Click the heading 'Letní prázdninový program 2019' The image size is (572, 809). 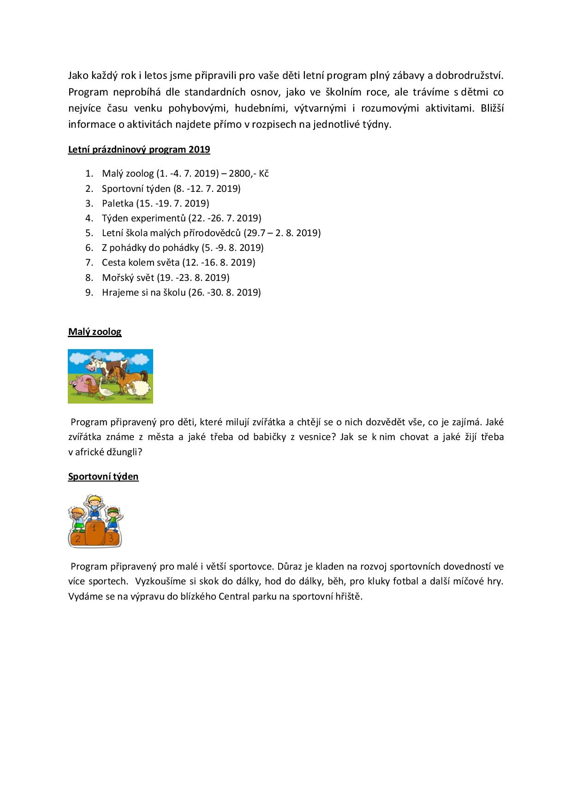point(139,149)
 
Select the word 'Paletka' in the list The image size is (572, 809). point(118,203)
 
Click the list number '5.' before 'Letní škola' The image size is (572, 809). point(89,233)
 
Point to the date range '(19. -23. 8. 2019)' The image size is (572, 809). point(193,278)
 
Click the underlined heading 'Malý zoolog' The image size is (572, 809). point(95,332)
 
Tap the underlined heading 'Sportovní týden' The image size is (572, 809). point(103,476)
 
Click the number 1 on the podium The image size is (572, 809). point(95,528)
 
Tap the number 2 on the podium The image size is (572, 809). point(78,538)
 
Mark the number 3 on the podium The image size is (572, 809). point(111,538)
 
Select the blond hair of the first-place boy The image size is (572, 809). point(95,498)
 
